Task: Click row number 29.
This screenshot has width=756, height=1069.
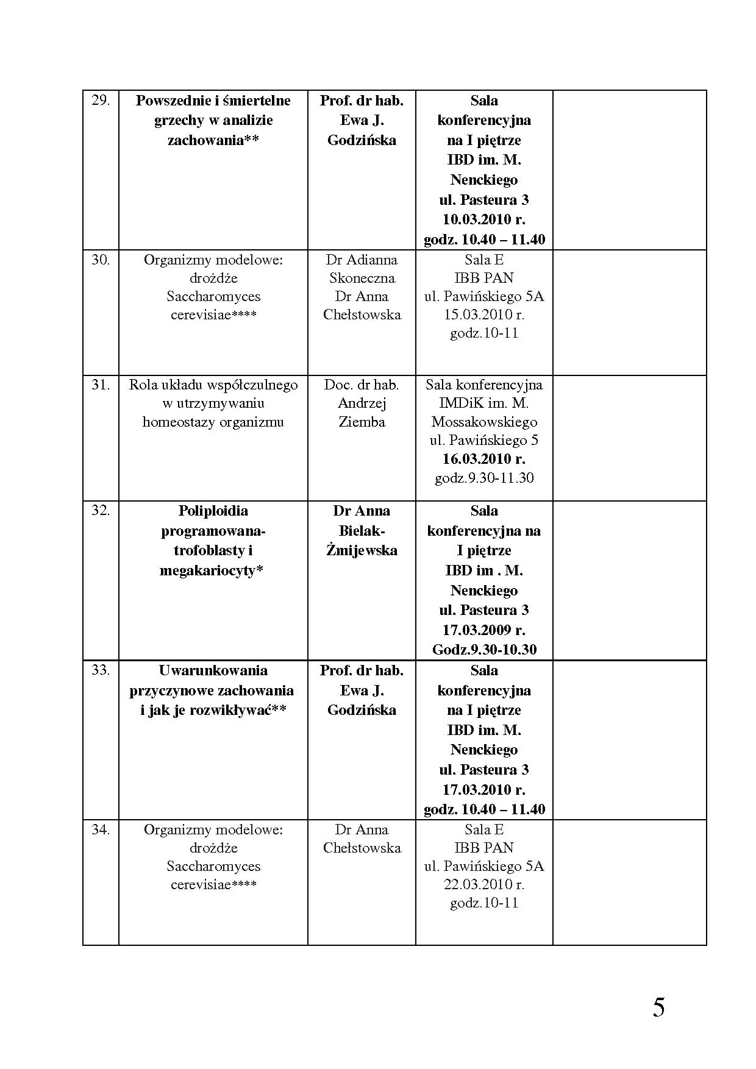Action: point(101,101)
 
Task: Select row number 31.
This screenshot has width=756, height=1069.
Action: point(101,385)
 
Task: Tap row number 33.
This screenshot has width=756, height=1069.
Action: point(101,670)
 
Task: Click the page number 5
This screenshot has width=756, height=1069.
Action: point(658,1007)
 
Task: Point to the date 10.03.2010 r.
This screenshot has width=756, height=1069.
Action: point(484,219)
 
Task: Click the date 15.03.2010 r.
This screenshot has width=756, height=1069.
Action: point(484,315)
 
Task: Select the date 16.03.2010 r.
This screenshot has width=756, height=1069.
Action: point(484,459)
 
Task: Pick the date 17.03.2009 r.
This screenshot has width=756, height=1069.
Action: point(484,630)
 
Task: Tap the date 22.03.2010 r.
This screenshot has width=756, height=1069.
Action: point(484,884)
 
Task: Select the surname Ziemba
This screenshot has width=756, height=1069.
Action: point(362,422)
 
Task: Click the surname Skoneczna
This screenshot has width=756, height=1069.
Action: point(362,279)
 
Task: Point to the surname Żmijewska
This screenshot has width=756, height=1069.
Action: point(362,550)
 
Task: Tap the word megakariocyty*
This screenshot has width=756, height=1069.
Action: point(211,570)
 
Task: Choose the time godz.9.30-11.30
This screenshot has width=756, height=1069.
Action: point(484,478)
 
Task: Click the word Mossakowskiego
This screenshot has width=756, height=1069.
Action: point(484,422)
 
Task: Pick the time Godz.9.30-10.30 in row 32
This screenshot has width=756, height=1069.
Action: point(484,650)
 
